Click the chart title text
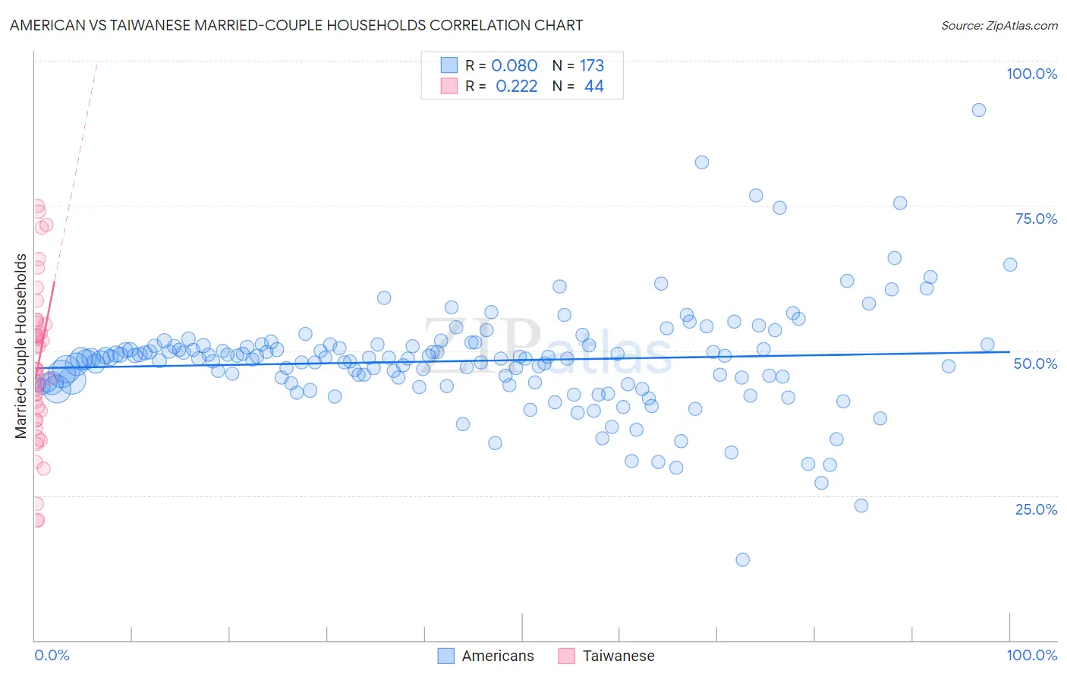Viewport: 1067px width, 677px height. pos(296,25)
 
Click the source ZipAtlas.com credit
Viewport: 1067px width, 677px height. pos(999,25)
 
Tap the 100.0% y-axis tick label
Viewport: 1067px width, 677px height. pos(1031,74)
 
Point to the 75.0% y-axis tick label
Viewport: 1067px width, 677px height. pos(1036,219)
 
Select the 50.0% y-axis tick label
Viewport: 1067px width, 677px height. pos(1035,364)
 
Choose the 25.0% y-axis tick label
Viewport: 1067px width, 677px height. pos(1036,509)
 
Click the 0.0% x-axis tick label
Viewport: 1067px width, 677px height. pos(52,655)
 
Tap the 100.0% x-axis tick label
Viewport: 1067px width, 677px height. pos(1031,655)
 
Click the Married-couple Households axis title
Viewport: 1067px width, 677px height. pos(21,346)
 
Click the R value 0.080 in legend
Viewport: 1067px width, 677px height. pos(514,66)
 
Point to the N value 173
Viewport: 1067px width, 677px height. pos(592,66)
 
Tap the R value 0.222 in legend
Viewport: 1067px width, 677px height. pos(516,87)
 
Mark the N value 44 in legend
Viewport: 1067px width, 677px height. pos(593,87)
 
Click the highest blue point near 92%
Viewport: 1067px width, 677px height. pos(979,110)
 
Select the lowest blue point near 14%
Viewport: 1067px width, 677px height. pos(742,559)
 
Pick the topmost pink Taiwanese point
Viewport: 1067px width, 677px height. pos(37,206)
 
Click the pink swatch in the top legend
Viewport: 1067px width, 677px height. pos(449,86)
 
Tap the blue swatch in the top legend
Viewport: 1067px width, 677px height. pos(449,65)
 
